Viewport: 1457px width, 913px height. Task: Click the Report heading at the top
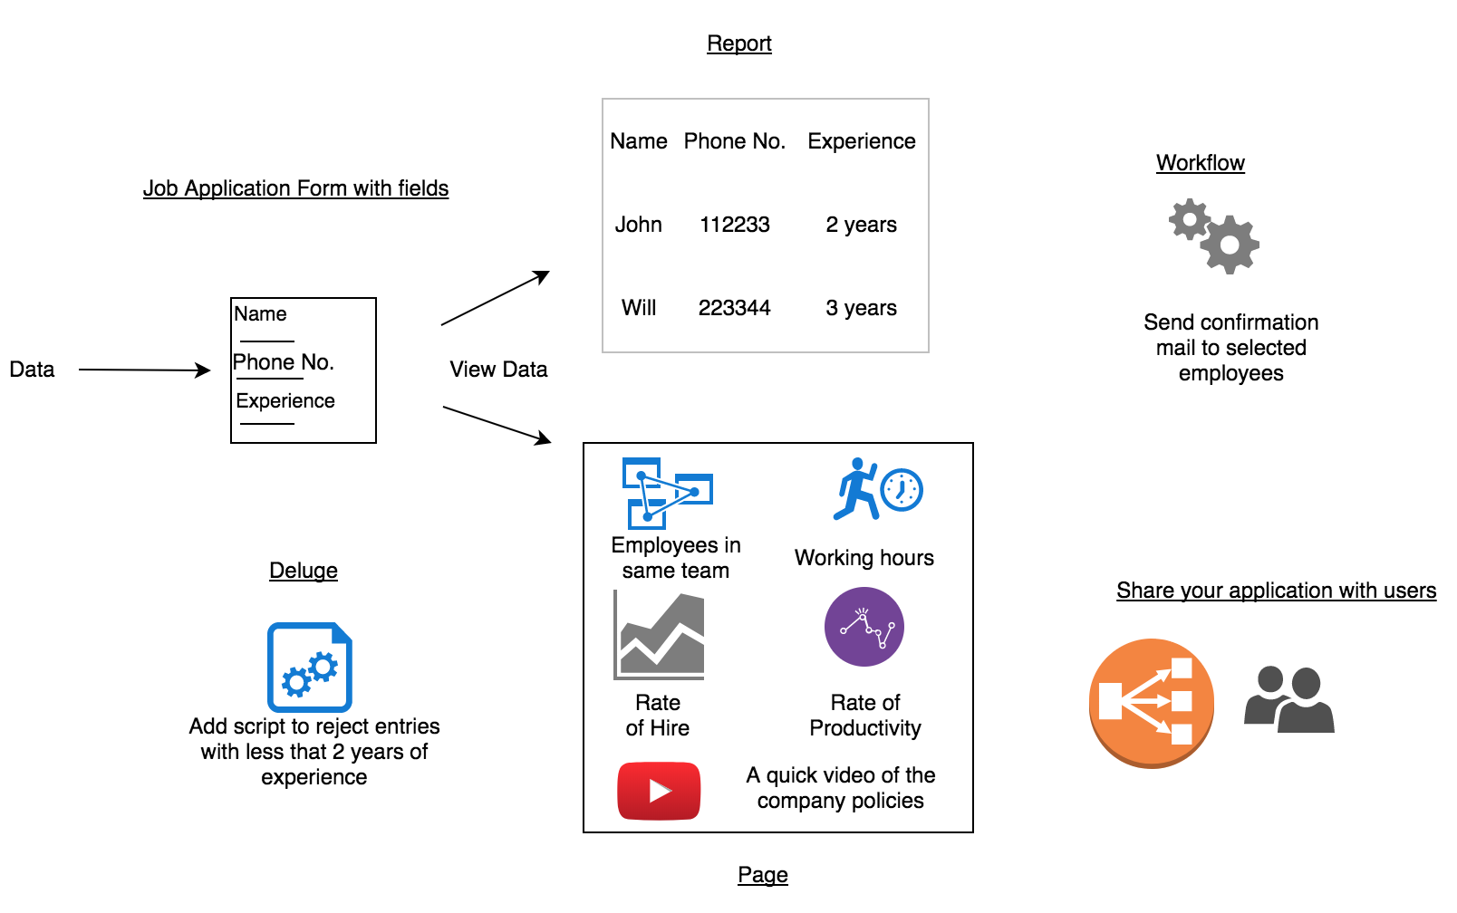pos(738,43)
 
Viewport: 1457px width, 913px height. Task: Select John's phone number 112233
pos(734,225)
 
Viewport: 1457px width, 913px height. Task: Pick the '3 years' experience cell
pos(861,308)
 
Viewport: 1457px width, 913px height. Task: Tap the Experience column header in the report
pos(861,141)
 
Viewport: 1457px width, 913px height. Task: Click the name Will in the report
pos(639,308)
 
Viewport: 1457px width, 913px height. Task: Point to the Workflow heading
pos(1200,163)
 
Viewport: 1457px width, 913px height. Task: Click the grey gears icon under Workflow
pos(1214,236)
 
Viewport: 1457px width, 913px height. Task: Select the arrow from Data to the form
pos(145,370)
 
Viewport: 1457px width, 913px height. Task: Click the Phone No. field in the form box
pos(284,362)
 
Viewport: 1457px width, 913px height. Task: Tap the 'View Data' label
pos(498,370)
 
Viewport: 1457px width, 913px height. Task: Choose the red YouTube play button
pos(659,791)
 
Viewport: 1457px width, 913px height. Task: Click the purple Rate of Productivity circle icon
pos(864,627)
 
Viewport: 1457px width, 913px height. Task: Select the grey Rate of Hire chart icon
pos(660,635)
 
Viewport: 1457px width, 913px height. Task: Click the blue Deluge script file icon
pos(310,667)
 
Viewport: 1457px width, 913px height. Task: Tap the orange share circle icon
pos(1151,703)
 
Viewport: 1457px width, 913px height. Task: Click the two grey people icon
pos(1288,699)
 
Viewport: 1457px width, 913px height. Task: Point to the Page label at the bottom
pos(762,875)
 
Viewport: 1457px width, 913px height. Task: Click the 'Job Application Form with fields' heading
pos(295,188)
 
